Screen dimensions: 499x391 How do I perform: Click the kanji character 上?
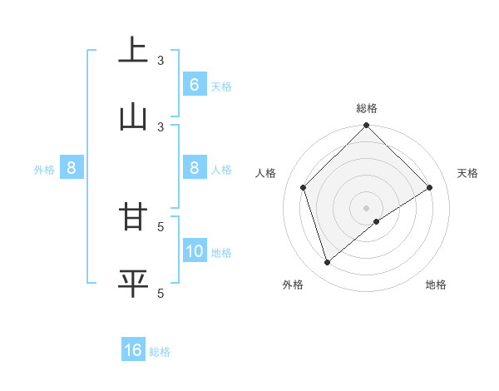coord(133,49)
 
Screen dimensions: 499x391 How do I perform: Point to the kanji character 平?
coord(133,282)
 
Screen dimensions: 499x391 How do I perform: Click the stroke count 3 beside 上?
coord(161,61)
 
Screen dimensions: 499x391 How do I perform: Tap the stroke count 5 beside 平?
coord(161,293)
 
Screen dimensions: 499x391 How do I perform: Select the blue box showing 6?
coord(195,84)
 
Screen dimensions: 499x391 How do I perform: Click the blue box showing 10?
coord(195,250)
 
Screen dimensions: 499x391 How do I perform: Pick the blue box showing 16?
coord(133,350)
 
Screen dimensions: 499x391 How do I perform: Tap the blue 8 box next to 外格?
coord(72,168)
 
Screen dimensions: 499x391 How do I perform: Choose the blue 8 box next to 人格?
coord(195,168)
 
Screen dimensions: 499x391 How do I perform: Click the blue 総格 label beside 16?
coord(160,352)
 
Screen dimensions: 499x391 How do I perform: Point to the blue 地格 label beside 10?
coord(221,252)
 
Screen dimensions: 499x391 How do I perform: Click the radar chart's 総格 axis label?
coord(366,108)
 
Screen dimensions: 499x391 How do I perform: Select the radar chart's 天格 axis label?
coord(467,173)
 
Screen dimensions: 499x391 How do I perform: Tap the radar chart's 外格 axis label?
coord(293,285)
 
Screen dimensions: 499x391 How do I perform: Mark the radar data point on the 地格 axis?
coord(377,221)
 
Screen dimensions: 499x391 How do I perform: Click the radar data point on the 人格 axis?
coord(304,187)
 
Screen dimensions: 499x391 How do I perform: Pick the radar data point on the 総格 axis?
coord(366,127)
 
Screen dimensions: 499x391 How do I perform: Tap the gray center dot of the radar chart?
coord(366,207)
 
